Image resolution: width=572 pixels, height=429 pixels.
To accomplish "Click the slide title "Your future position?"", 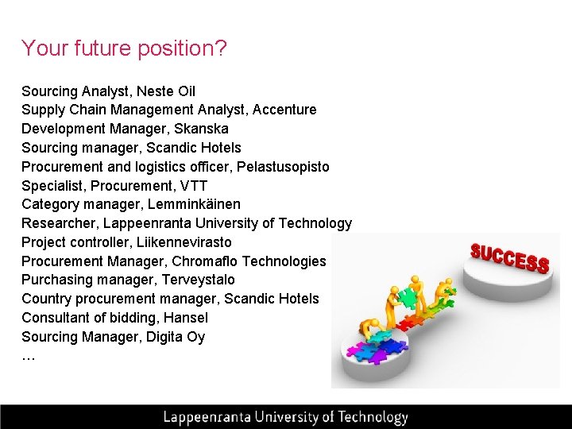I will click(124, 49).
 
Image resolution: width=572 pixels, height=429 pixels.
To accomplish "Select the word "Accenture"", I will click(284, 110).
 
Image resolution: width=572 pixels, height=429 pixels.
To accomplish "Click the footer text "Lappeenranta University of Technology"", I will click(285, 417).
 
